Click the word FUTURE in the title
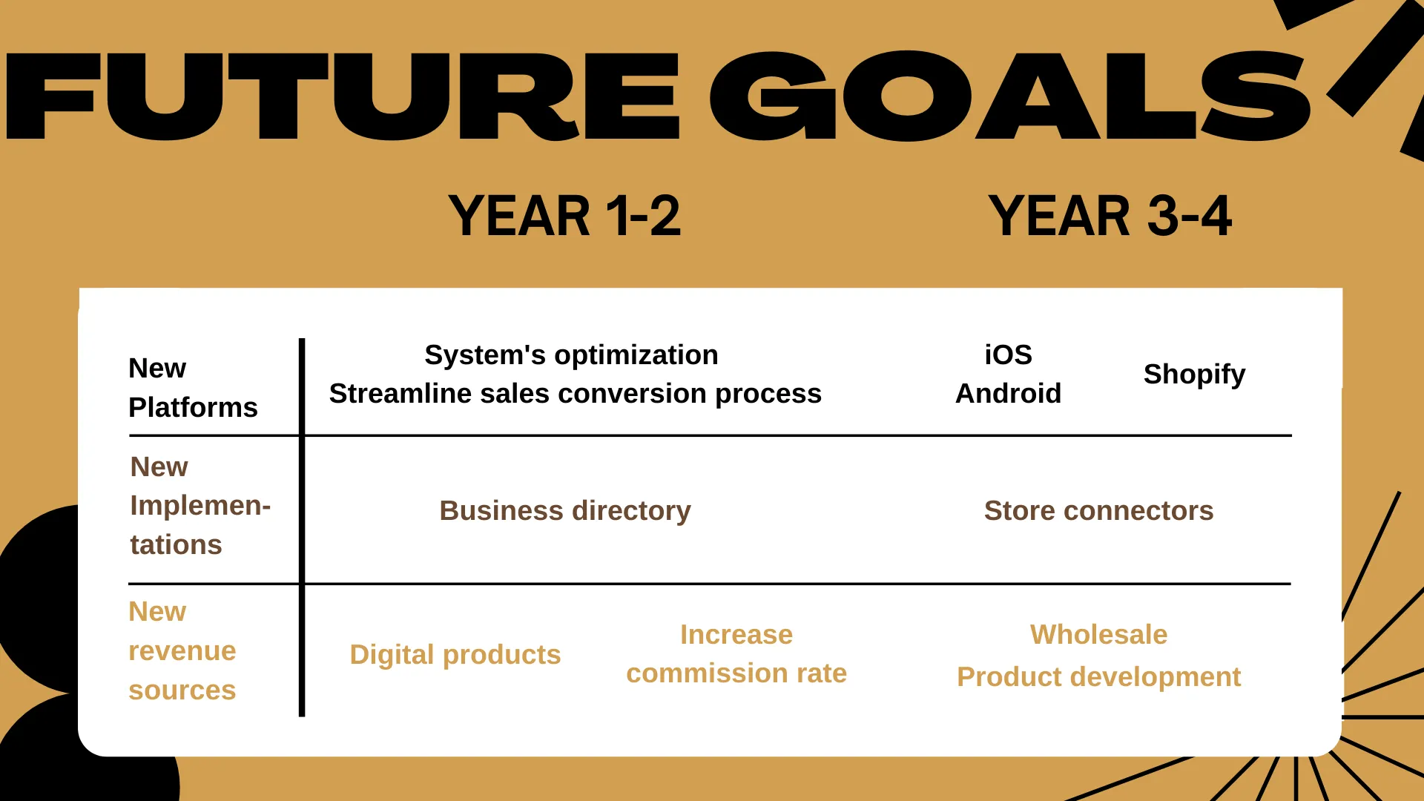coord(343,96)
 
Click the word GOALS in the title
coord(1010,96)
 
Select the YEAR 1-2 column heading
coord(564,216)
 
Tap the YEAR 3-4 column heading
coord(1110,216)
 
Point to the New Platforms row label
coord(193,387)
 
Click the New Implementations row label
coord(200,505)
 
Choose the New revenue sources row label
coord(182,650)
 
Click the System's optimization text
coord(571,355)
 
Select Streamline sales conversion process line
coord(576,394)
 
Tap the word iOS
coord(1008,355)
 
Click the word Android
coord(1008,393)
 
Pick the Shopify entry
coord(1194,375)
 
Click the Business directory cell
coord(565,511)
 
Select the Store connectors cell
coord(1098,510)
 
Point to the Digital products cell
coord(455,655)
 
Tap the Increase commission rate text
coord(736,653)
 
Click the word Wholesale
coord(1098,635)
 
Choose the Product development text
coord(1098,677)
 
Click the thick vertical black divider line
coord(302,527)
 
